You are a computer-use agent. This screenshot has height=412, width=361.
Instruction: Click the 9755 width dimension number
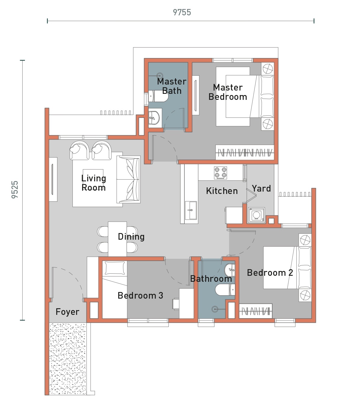click(x=182, y=13)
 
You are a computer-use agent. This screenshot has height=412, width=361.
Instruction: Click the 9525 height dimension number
click(x=15, y=189)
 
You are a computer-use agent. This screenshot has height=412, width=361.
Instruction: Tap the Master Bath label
click(x=172, y=86)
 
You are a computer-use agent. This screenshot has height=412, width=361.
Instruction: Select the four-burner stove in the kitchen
click(x=221, y=173)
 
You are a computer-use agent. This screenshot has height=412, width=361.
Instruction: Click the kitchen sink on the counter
click(x=190, y=210)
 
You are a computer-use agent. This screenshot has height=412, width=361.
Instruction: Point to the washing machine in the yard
click(x=256, y=215)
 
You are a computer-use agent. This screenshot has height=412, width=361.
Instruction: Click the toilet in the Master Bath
click(x=158, y=96)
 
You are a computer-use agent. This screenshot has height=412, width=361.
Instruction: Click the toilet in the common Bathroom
click(x=225, y=290)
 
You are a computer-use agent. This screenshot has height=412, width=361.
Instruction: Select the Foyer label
click(x=67, y=312)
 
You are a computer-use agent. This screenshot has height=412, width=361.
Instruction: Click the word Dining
click(x=131, y=237)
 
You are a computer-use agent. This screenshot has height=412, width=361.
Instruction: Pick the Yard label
click(x=261, y=189)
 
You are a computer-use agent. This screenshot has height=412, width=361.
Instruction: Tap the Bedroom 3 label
click(x=140, y=296)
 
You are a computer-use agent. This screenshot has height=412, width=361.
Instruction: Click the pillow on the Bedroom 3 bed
click(x=115, y=268)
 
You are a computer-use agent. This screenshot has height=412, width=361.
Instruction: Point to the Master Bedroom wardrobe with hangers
click(x=245, y=152)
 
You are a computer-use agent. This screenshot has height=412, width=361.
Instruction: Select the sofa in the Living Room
click(x=128, y=180)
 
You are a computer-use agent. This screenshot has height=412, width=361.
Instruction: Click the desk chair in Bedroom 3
click(x=176, y=304)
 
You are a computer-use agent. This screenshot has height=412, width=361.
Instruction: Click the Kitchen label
click(x=222, y=191)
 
